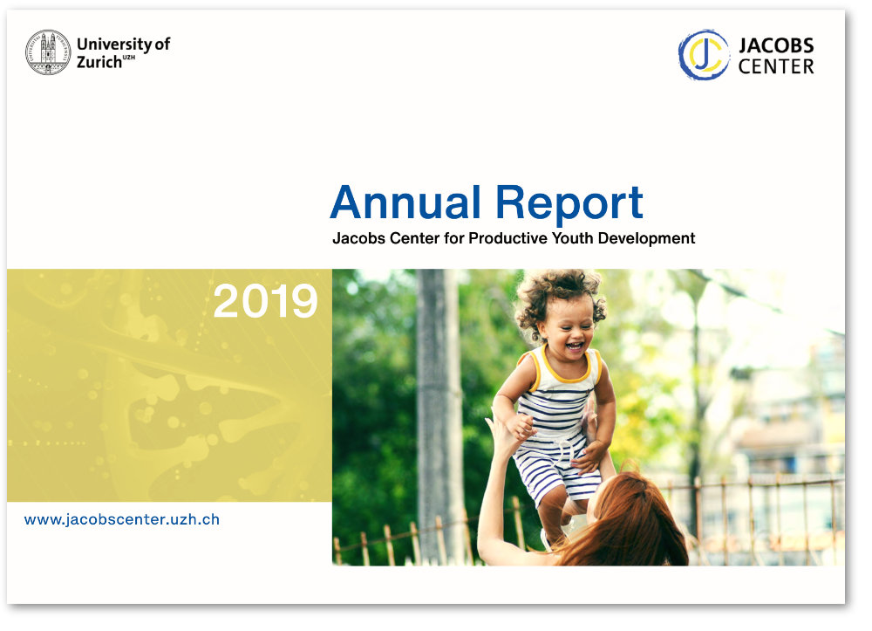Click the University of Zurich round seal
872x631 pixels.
48,52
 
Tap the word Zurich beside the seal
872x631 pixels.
99,62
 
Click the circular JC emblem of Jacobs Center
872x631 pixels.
704,54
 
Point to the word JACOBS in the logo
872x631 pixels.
776,45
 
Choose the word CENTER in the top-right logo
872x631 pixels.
776,67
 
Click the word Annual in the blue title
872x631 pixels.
405,202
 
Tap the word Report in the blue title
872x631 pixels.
569,205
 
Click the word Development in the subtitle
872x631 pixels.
646,239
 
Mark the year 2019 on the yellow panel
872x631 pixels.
265,302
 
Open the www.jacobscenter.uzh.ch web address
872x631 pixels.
122,519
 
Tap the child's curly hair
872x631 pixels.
560,296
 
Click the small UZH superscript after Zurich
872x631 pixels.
128,58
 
